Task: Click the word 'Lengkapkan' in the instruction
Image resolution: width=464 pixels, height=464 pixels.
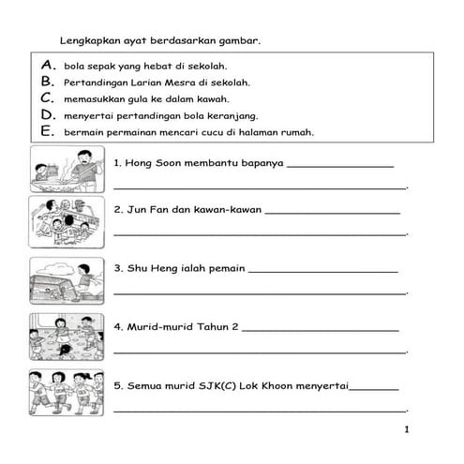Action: point(88,40)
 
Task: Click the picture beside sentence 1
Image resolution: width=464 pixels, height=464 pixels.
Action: point(67,168)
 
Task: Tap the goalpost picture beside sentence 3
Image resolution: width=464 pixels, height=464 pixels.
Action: point(67,279)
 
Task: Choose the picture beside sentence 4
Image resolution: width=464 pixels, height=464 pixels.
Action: point(67,337)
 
